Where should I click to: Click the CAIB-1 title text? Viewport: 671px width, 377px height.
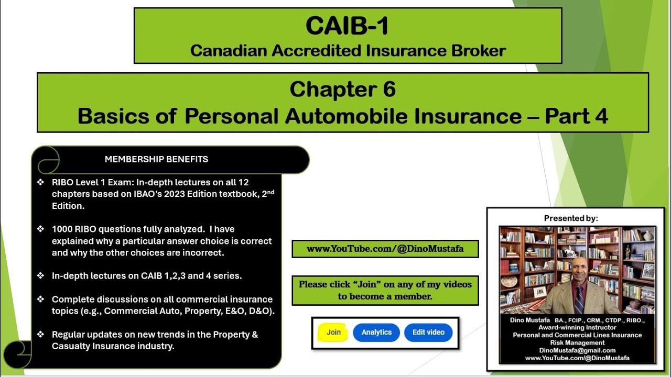click(347, 26)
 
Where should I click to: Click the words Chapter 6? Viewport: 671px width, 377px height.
click(342, 90)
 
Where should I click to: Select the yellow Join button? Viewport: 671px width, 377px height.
click(333, 332)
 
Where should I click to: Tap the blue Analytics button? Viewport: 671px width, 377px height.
click(376, 332)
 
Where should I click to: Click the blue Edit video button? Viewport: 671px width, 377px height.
click(428, 332)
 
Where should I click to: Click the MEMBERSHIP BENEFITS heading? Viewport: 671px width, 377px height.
click(156, 159)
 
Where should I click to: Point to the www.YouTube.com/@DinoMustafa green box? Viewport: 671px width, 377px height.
click(385, 249)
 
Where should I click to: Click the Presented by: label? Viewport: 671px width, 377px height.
click(571, 218)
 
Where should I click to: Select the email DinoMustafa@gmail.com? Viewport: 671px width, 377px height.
click(577, 350)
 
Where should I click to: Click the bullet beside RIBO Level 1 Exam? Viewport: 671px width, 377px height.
click(41, 182)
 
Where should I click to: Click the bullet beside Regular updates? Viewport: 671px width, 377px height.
click(41, 335)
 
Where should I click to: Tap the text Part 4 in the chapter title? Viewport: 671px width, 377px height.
click(577, 116)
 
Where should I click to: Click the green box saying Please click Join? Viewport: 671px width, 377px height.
click(385, 290)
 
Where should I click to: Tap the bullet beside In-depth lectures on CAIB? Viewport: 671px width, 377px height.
click(41, 276)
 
